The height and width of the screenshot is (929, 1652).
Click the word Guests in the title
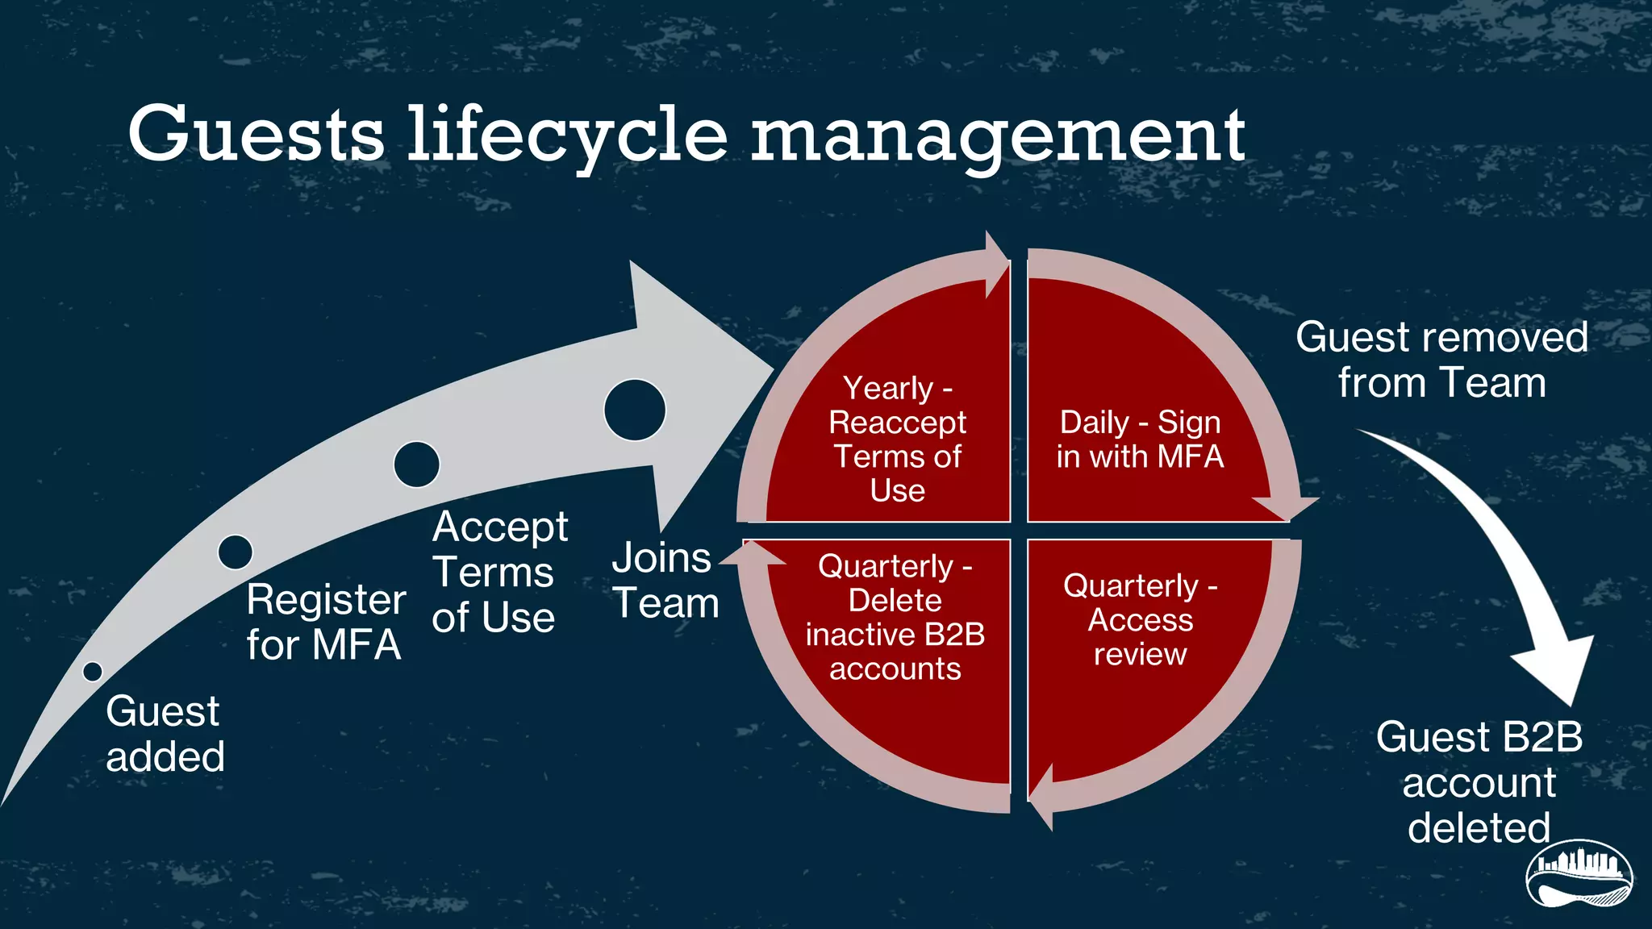[256, 134]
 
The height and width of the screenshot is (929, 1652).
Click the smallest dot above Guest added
[93, 671]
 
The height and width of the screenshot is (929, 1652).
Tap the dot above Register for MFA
[236, 552]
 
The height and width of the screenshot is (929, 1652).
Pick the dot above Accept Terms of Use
[416, 464]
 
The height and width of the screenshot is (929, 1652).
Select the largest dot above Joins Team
[635, 410]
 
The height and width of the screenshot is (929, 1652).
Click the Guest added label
[165, 734]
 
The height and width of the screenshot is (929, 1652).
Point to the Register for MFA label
[325, 622]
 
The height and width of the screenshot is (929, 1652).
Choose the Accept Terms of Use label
[499, 572]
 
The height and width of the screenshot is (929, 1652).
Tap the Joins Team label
[665, 581]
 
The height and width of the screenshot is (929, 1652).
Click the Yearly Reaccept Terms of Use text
[897, 440]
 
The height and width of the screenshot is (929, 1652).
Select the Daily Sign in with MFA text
[1140, 440]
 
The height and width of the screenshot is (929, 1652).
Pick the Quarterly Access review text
[1140, 619]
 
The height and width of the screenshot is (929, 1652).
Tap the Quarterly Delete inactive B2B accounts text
[895, 618]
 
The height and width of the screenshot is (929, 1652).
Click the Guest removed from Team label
[1441, 360]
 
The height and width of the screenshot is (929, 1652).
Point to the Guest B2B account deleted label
[1479, 782]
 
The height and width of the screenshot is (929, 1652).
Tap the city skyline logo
[1579, 874]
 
